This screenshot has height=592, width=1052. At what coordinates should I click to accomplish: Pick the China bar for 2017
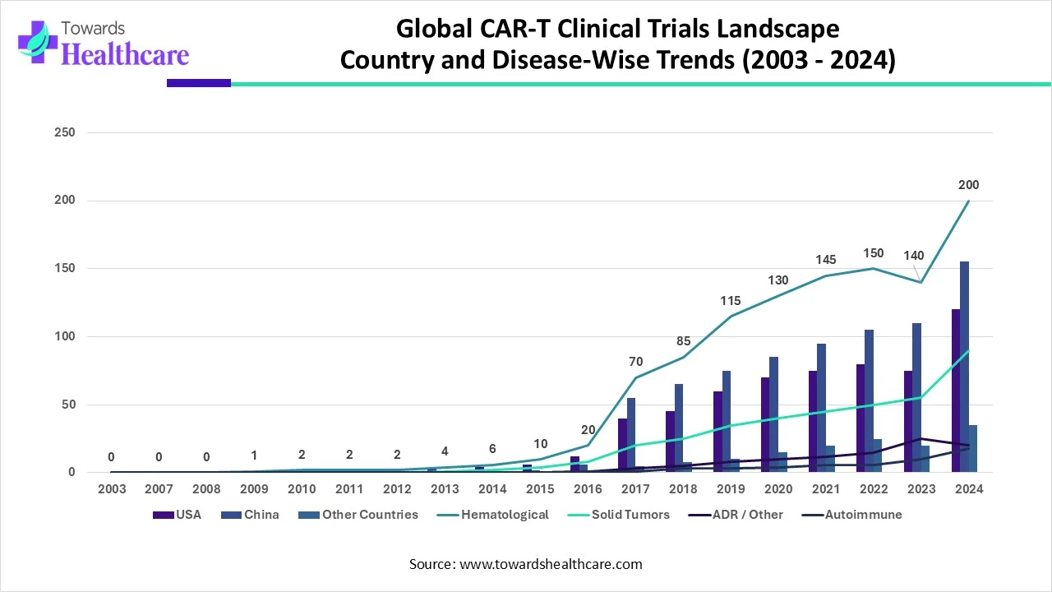click(631, 435)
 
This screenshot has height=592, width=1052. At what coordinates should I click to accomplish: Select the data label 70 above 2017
click(635, 361)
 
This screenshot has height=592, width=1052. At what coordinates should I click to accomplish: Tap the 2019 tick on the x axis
click(731, 490)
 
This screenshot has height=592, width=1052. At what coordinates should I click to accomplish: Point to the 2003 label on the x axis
click(111, 490)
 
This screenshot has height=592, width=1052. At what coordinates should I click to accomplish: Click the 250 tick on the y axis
click(65, 132)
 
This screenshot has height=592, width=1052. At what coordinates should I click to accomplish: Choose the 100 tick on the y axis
click(65, 336)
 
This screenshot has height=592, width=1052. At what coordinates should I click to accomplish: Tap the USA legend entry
click(188, 515)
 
